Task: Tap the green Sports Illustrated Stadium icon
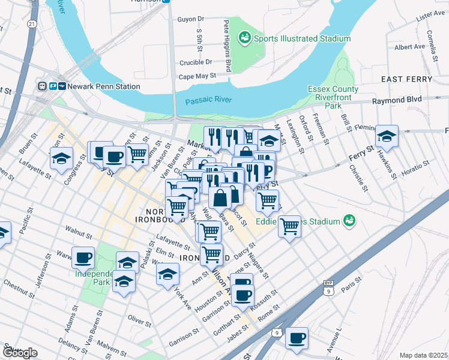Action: pos(244,38)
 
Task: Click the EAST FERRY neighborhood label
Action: pos(406,79)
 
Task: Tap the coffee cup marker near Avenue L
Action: pos(297,338)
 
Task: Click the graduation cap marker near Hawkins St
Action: pos(387,137)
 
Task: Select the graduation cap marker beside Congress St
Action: pos(61,158)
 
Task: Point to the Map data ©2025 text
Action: pos(423,355)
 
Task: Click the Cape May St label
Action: pos(197,77)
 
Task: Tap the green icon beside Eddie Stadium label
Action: pos(349,221)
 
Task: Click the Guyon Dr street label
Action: pos(191,19)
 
